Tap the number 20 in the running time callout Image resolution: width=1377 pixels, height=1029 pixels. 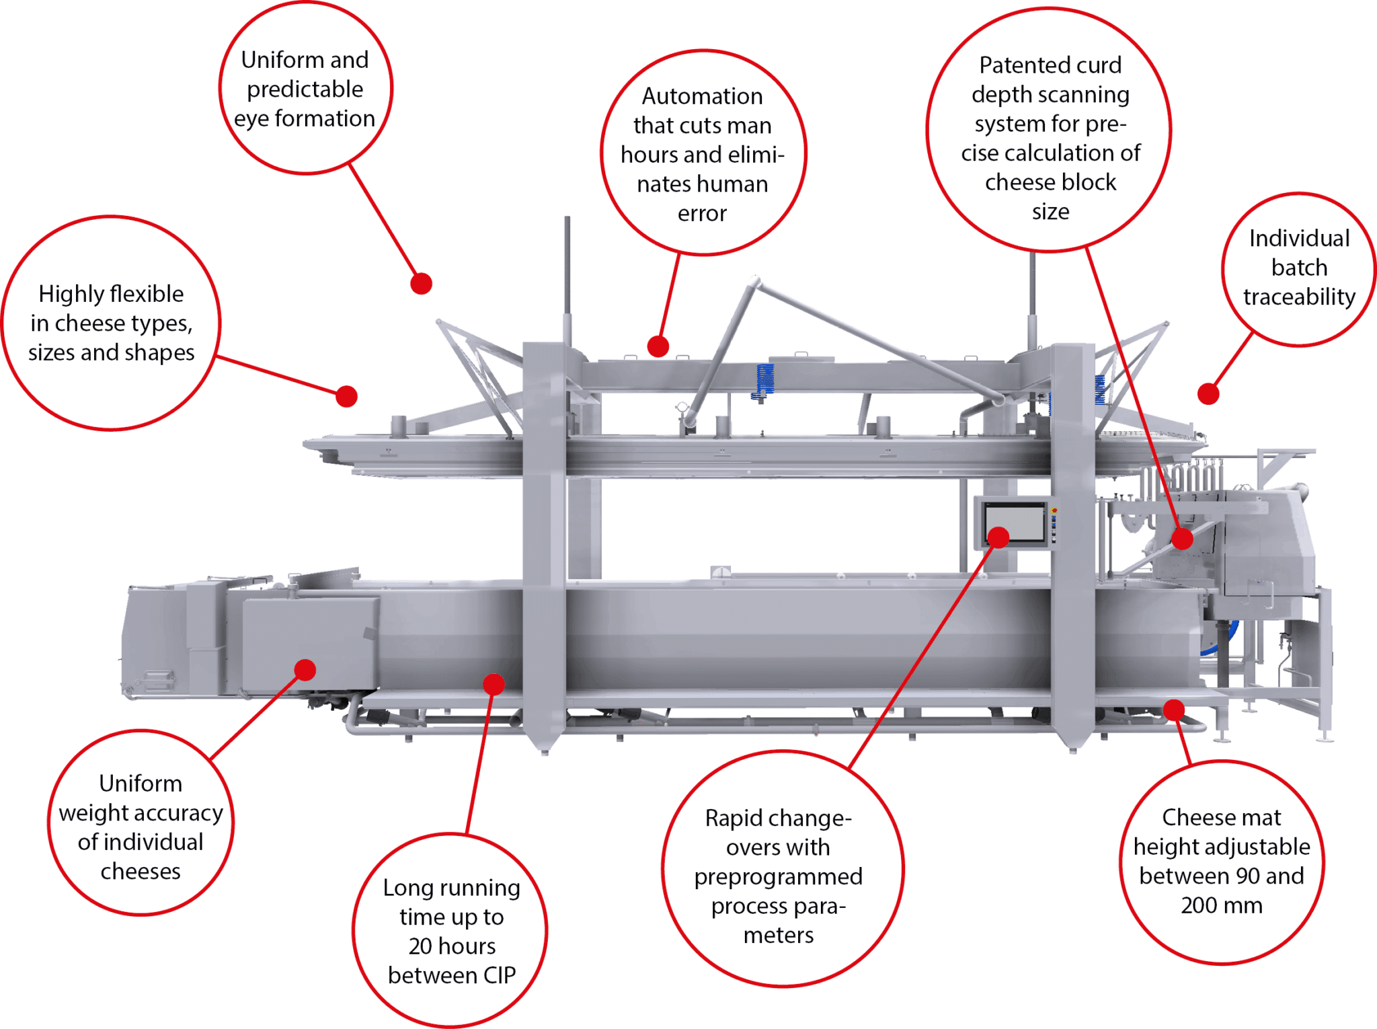tap(420, 946)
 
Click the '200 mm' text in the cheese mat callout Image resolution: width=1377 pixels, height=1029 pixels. tap(1221, 905)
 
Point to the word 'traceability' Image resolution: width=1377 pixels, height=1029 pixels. tap(1299, 297)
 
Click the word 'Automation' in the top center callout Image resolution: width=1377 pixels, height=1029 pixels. tap(702, 96)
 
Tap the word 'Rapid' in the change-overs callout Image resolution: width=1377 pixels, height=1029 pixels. tap(732, 818)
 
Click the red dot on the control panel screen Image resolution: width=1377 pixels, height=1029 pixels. tap(998, 537)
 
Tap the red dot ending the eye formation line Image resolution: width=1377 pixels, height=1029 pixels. tap(421, 284)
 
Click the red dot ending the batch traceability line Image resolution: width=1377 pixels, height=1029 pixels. tap(1208, 394)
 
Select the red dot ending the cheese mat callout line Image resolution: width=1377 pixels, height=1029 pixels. tap(1174, 710)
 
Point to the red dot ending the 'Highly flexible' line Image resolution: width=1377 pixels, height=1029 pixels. tap(346, 397)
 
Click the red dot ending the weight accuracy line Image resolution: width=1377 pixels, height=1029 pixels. tap(305, 670)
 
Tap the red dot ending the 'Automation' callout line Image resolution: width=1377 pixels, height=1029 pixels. tap(658, 346)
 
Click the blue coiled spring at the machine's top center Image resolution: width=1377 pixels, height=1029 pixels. tap(764, 380)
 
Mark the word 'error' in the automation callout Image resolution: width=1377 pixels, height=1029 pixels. tap(702, 214)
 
